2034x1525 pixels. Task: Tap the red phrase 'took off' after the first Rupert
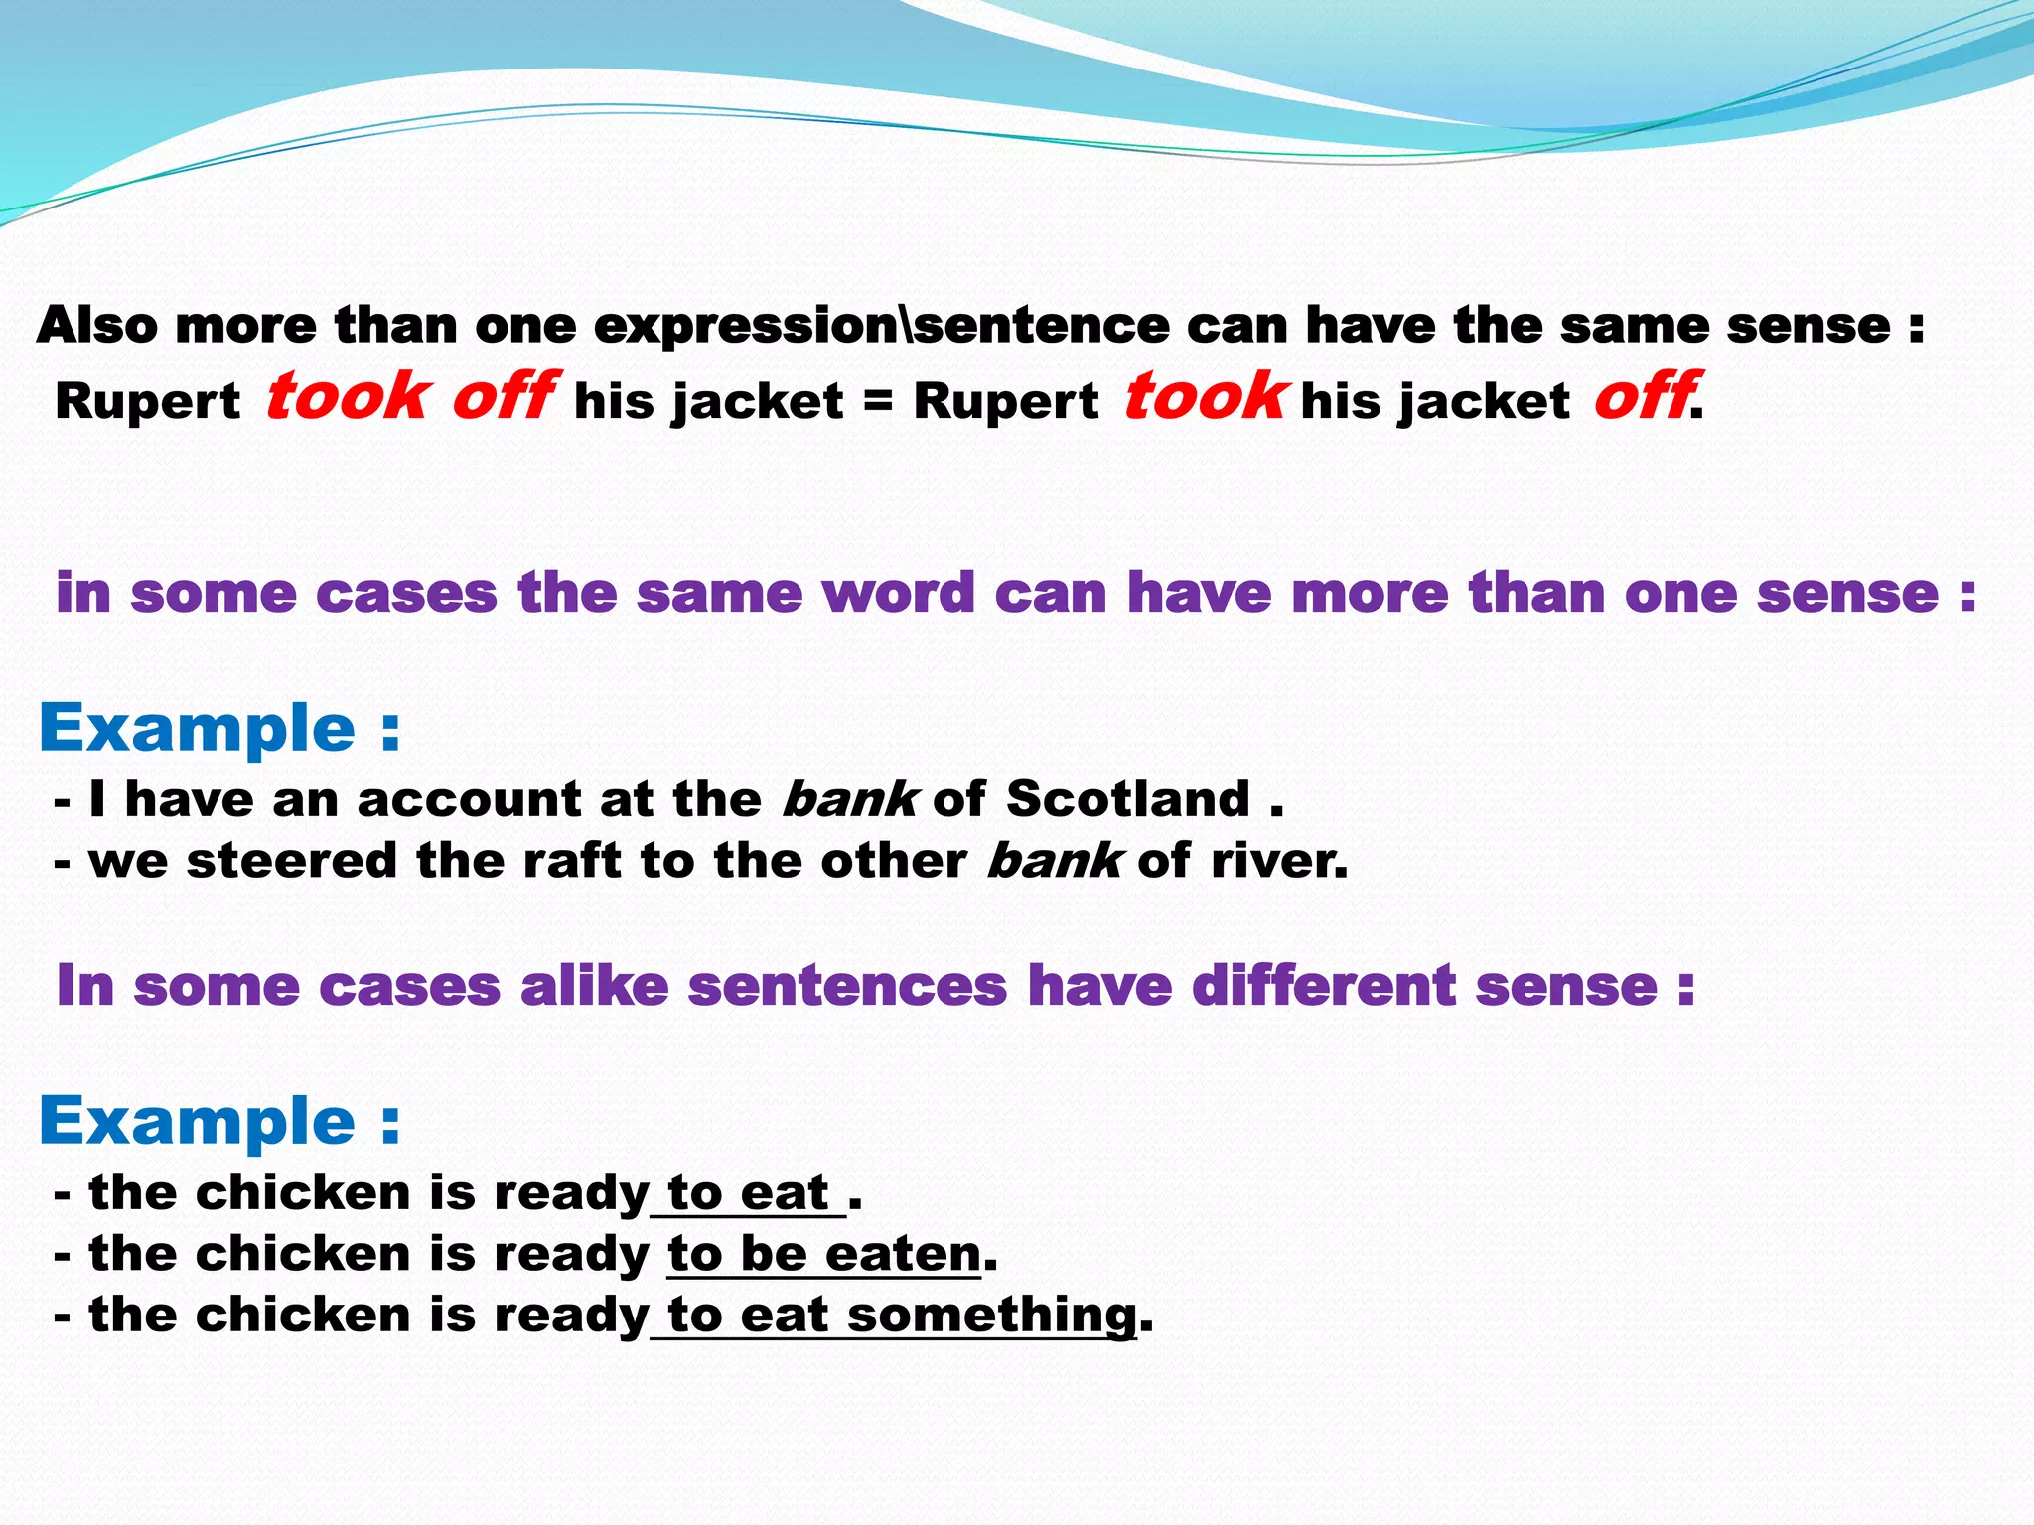point(408,397)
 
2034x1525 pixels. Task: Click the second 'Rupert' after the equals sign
point(1005,402)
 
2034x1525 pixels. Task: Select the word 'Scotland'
point(1128,799)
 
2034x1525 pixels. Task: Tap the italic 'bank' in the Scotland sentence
point(849,799)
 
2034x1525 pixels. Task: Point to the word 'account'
point(469,799)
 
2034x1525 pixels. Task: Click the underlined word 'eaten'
point(903,1254)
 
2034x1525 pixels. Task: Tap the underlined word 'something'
point(991,1316)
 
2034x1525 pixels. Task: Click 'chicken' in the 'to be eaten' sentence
point(303,1254)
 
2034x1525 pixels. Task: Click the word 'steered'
point(292,861)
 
